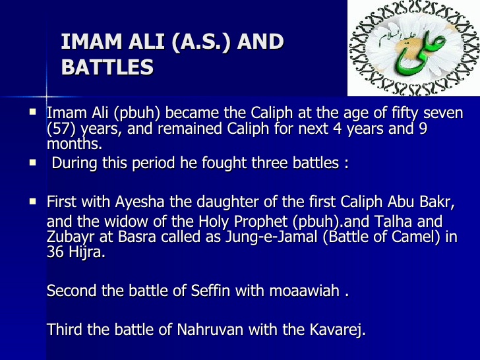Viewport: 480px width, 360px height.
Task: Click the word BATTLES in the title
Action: [107, 67]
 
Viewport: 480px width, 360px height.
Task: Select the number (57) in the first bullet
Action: [62, 129]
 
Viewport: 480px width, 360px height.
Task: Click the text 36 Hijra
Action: [76, 253]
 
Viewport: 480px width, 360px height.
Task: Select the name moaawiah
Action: [304, 291]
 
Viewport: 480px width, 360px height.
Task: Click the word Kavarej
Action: [337, 329]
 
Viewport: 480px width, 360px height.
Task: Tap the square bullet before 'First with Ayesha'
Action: [32, 199]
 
